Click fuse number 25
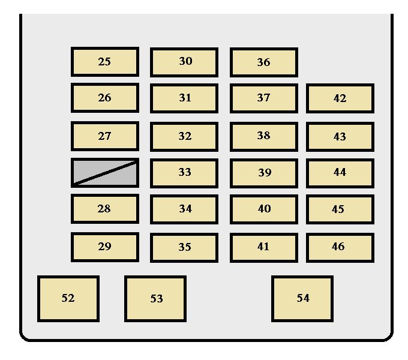(x=104, y=62)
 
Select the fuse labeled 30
(x=184, y=62)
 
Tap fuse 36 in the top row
(x=263, y=62)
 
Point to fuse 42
(x=340, y=98)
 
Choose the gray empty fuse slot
(x=104, y=173)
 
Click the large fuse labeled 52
(x=68, y=298)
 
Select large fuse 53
(x=155, y=298)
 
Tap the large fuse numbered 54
(x=302, y=298)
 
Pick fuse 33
(x=184, y=173)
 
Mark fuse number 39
(x=263, y=173)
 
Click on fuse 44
(x=340, y=173)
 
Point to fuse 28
(x=104, y=209)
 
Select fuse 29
(x=104, y=247)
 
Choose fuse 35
(x=184, y=247)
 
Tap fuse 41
(x=263, y=247)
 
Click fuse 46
(x=340, y=247)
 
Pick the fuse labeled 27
(x=104, y=136)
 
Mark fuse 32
(x=184, y=136)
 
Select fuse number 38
(x=263, y=136)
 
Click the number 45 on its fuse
(x=338, y=209)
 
